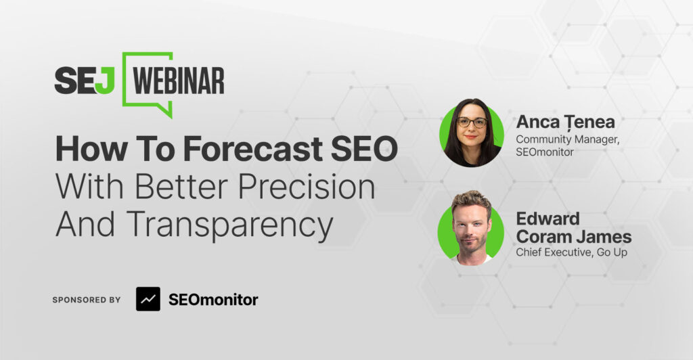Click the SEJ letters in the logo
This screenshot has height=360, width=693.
85,81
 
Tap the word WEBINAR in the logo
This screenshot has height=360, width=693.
179,81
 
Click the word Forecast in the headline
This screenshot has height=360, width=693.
253,149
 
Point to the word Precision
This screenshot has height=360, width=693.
307,186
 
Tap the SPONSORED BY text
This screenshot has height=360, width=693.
87,300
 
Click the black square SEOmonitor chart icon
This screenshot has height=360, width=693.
148,299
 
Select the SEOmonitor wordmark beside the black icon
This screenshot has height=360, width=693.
213,300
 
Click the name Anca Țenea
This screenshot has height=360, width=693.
565,122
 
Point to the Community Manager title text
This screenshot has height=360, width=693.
568,139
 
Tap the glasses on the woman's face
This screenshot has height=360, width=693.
472,122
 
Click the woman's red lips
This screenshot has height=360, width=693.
471,137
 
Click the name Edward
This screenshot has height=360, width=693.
548,219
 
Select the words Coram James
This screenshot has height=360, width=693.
574,238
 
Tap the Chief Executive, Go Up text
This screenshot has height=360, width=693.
571,252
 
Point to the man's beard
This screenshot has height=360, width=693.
471,246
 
